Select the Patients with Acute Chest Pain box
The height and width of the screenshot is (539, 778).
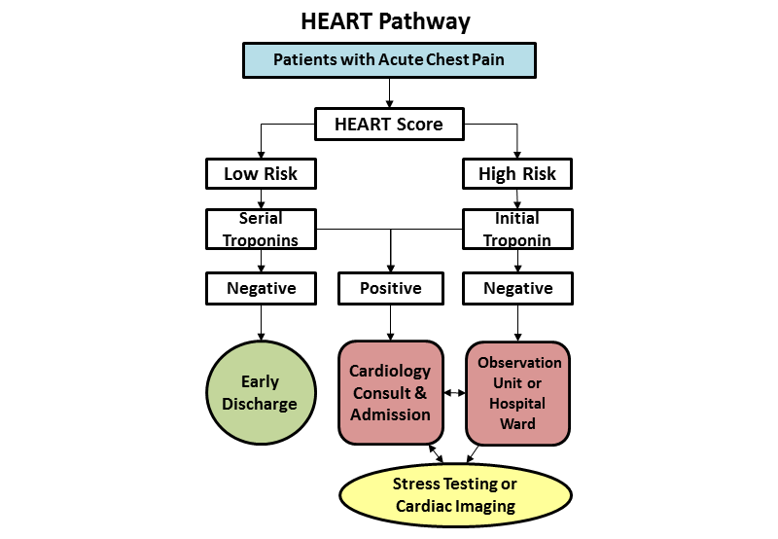[x=389, y=59]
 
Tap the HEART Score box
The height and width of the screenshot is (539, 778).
[x=389, y=124]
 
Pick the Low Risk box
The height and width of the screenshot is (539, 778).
[x=261, y=173]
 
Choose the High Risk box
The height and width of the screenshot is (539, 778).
[x=517, y=173]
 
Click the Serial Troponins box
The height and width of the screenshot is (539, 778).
[x=261, y=230]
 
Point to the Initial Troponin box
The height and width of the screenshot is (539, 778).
[x=517, y=230]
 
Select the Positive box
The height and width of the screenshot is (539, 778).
[x=391, y=288]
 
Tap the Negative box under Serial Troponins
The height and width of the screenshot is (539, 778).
[x=261, y=288]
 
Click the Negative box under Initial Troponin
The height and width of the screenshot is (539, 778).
[x=517, y=288]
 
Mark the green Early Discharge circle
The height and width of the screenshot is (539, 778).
[x=261, y=393]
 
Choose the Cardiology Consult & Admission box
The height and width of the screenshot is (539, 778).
[x=391, y=393]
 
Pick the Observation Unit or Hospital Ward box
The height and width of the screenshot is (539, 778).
[x=517, y=393]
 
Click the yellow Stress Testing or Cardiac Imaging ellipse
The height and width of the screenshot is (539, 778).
[x=455, y=495]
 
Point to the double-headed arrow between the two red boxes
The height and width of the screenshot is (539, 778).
[x=455, y=393]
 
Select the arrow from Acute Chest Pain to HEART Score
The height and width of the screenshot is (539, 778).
[x=389, y=91]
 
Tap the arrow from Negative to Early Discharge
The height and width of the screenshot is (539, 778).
[x=261, y=324]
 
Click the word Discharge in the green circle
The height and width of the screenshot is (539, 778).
[x=261, y=404]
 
